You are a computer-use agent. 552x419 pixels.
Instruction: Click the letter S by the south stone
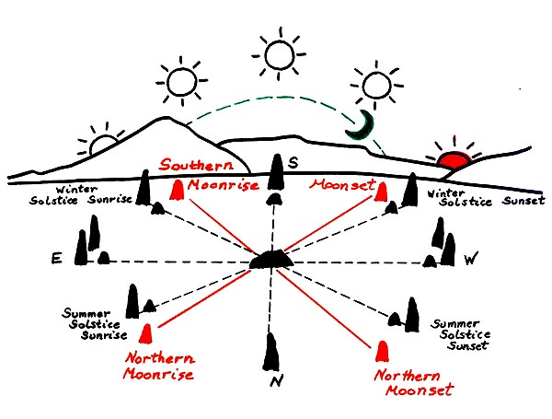(293, 163)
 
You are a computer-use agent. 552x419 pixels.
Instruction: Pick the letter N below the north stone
(272, 384)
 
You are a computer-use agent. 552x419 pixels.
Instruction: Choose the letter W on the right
(470, 261)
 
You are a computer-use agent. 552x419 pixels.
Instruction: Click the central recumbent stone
(272, 261)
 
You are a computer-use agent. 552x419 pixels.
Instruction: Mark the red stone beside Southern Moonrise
(176, 191)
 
